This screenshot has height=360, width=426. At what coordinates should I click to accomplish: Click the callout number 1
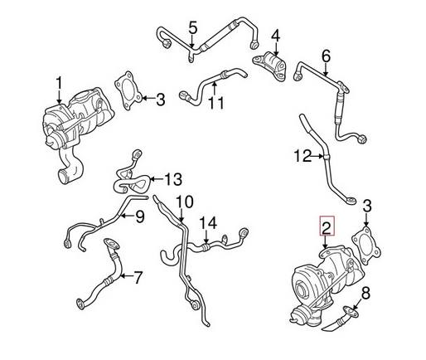[59, 85]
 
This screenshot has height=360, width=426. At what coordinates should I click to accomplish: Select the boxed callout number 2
[327, 226]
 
